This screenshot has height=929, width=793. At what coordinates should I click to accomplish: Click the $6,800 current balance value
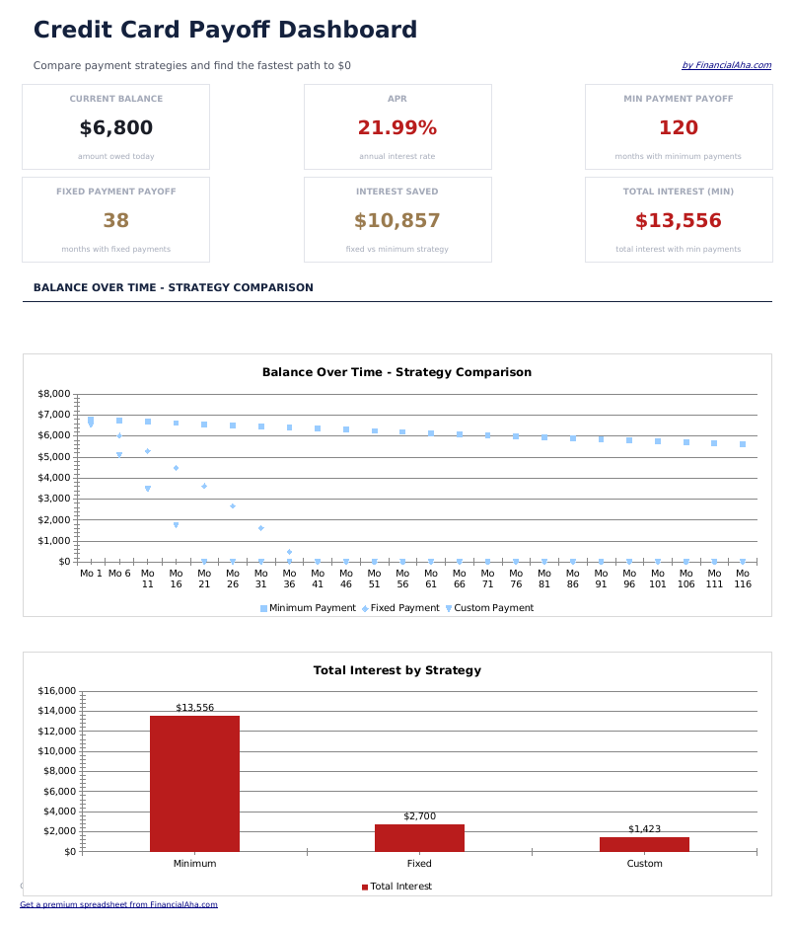pos(115,128)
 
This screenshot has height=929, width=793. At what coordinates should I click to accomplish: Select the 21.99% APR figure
pos(396,128)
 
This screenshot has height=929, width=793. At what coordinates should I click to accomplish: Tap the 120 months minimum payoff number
pos(678,128)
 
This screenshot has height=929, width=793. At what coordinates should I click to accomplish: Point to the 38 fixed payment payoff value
pos(115,221)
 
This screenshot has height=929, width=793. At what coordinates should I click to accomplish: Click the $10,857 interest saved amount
pos(396,221)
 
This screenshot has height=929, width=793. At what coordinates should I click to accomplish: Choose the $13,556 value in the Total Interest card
pos(678,221)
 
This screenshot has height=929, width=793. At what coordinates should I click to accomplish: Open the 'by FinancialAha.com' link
pos(726,66)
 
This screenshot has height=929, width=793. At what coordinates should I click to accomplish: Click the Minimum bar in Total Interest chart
pos(194,784)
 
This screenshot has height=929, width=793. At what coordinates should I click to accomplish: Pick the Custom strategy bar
pos(644,844)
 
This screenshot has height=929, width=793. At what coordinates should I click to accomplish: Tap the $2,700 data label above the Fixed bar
pos(419,816)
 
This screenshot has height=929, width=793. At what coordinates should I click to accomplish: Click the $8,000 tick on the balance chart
pos(53,394)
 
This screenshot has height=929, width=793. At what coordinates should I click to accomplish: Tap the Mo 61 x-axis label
pos(431,579)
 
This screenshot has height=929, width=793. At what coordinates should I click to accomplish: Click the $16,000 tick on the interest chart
pos(55,691)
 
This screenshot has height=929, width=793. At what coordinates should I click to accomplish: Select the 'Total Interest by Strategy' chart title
pos(396,670)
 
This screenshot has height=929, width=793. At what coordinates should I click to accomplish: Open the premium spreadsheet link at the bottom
pos(118,904)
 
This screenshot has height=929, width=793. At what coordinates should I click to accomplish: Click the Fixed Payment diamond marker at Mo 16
pos(176,468)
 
